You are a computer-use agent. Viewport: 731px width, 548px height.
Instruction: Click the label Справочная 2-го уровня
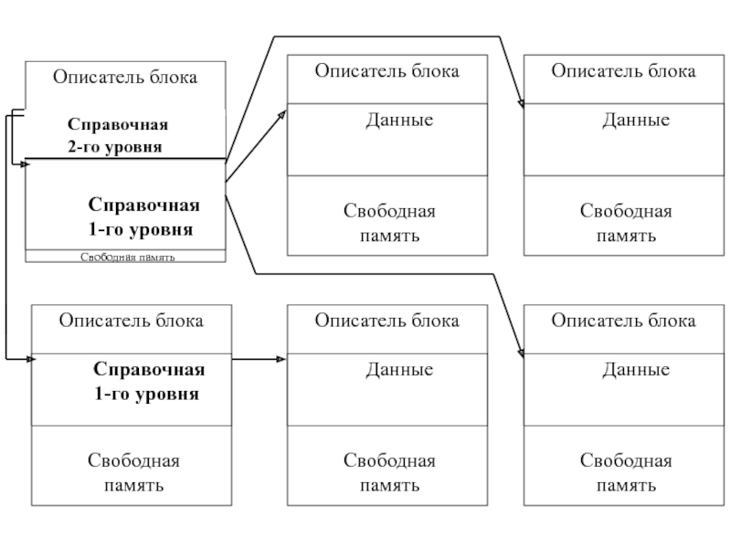pos(118,134)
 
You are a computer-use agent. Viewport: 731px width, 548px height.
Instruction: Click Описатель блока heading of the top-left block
pos(124,78)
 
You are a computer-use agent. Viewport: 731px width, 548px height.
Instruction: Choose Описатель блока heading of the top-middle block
pos(387,70)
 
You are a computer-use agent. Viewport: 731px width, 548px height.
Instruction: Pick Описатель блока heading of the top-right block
pos(623,70)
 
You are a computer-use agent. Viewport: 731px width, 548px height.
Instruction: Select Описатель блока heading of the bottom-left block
pos(132,320)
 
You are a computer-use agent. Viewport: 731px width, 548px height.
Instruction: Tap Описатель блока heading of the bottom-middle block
pos(387,320)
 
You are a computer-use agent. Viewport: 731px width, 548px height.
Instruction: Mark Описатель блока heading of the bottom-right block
pos(623,320)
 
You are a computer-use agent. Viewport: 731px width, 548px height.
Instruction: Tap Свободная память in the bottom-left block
pos(133,472)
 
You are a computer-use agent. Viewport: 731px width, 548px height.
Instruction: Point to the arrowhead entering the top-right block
pos(520,104)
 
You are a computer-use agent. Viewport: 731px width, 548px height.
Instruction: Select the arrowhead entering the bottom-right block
pos(520,353)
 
